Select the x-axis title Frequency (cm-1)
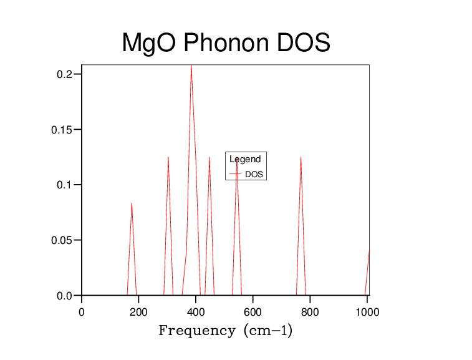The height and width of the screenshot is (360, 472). pyautogui.click(x=225, y=331)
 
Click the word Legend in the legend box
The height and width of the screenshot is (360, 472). pyautogui.click(x=245, y=160)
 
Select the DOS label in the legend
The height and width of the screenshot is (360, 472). pyautogui.click(x=254, y=175)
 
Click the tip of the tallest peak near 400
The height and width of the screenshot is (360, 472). pyautogui.click(x=191, y=65)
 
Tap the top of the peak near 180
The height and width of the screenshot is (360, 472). pyautogui.click(x=132, y=203)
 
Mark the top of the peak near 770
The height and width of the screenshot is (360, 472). pyautogui.click(x=301, y=157)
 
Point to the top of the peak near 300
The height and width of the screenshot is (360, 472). pyautogui.click(x=168, y=157)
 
